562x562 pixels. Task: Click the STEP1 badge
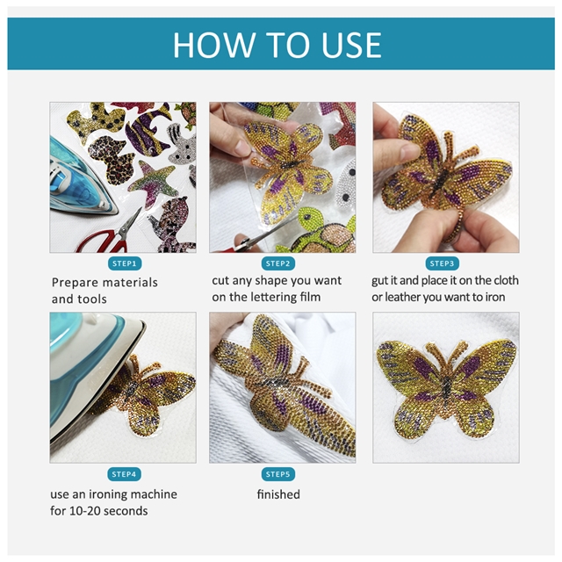pos(125,263)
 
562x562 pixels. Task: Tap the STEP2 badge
pos(278,263)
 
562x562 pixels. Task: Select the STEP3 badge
pos(442,263)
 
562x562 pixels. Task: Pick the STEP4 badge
pos(124,474)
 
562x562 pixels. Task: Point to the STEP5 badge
pos(278,474)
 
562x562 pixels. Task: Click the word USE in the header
pos(351,45)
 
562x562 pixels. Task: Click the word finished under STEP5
pos(278,494)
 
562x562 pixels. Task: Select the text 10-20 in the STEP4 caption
pos(84,511)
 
